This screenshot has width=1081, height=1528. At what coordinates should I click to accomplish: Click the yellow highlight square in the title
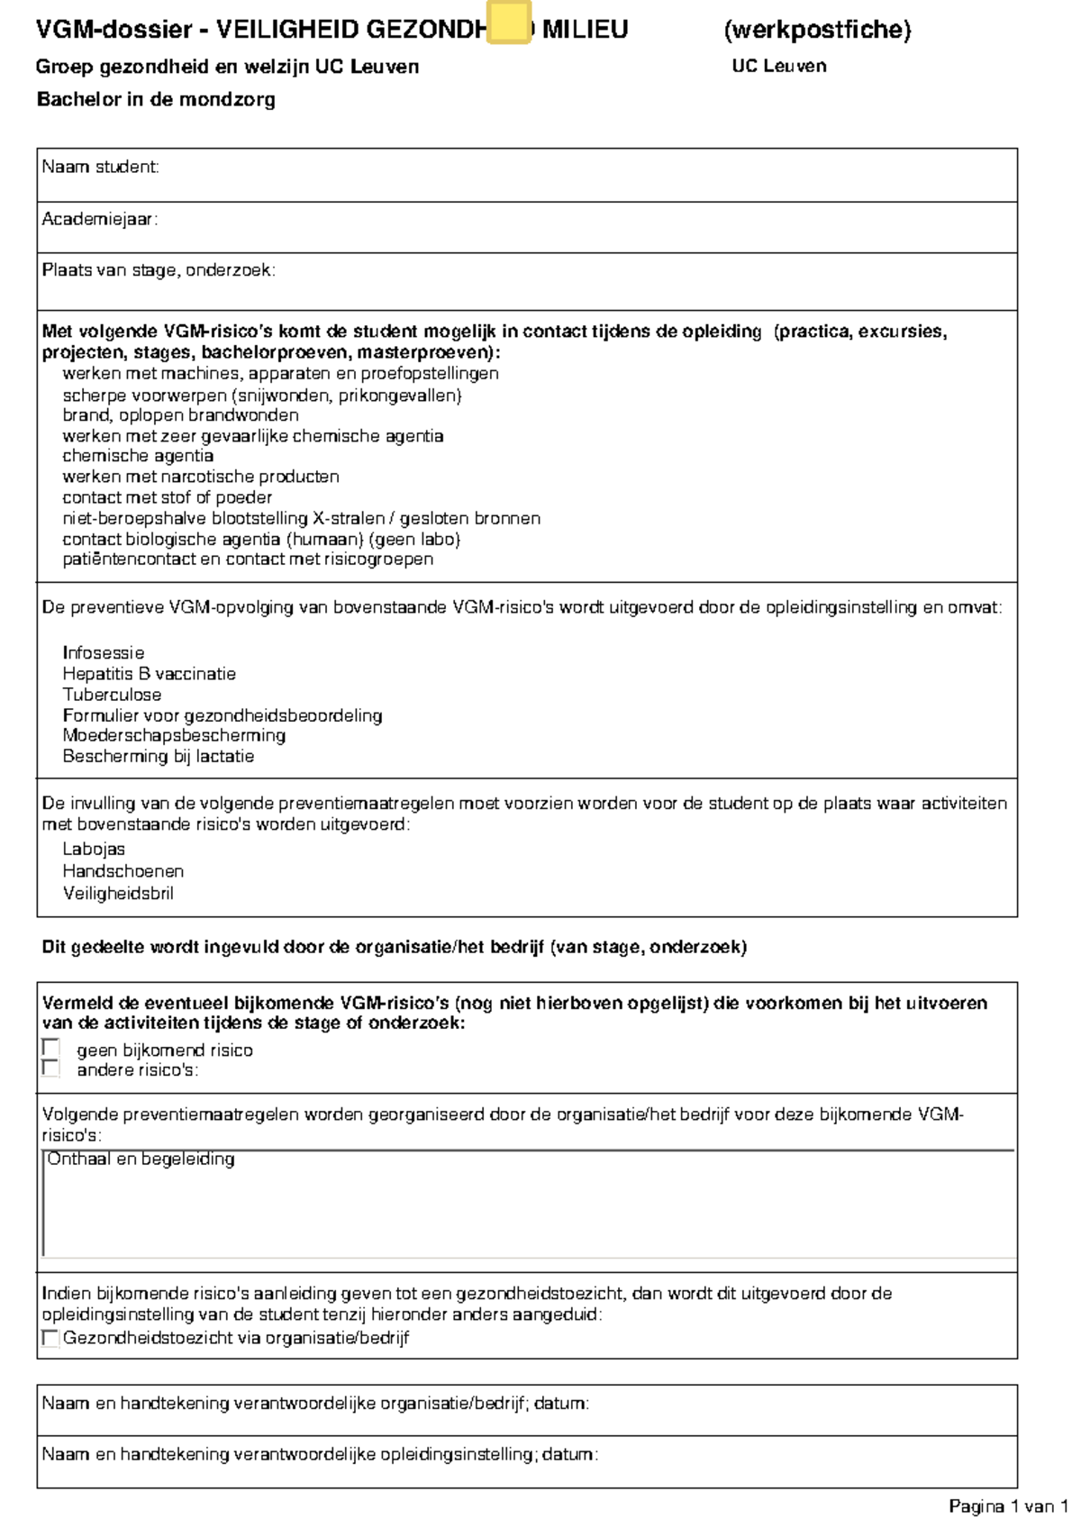click(509, 23)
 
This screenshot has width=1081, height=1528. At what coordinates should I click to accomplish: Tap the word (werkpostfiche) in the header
click(817, 30)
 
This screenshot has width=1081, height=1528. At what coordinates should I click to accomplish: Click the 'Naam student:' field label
click(100, 167)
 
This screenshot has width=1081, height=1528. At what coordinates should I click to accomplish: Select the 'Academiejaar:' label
click(99, 219)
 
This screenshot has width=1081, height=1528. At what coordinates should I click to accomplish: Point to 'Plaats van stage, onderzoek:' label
click(159, 270)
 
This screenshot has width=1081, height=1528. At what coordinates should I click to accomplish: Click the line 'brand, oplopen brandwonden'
click(180, 415)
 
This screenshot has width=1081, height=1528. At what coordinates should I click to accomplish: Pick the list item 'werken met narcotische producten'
click(201, 477)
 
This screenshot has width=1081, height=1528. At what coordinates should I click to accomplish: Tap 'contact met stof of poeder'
click(167, 497)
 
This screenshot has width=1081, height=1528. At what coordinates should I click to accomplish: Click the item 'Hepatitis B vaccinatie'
click(149, 674)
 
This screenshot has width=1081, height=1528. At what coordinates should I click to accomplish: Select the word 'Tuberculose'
click(112, 695)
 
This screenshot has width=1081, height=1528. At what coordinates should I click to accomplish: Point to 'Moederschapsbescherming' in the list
click(174, 735)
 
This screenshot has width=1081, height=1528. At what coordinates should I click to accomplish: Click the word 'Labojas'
click(94, 849)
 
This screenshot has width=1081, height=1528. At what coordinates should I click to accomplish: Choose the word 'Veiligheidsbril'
click(118, 893)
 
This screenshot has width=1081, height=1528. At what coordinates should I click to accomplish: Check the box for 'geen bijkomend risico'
click(51, 1049)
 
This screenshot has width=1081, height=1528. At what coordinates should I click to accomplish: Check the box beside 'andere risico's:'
click(51, 1069)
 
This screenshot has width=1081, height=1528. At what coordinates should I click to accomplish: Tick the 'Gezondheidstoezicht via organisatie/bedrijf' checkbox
click(51, 1338)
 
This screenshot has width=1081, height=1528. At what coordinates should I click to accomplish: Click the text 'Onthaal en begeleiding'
click(141, 1160)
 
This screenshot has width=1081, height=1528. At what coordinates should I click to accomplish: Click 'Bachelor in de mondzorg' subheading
click(156, 100)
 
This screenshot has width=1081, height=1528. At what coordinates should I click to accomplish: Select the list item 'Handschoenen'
click(123, 871)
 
